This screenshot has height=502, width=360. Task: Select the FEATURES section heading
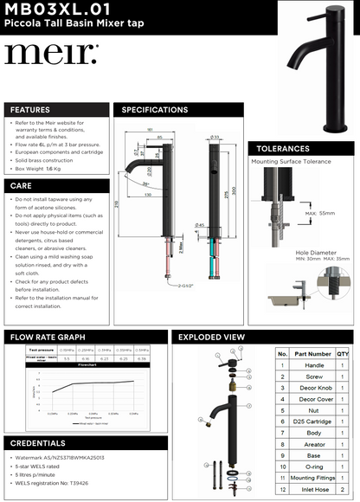(x=30, y=110)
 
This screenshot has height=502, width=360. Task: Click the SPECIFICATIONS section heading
(x=155, y=110)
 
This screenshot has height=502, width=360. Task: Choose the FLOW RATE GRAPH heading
(x=49, y=337)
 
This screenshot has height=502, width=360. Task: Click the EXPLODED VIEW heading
(x=210, y=337)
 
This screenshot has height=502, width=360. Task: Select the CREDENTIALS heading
(x=38, y=442)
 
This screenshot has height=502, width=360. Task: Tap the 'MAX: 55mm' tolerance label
(x=318, y=212)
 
